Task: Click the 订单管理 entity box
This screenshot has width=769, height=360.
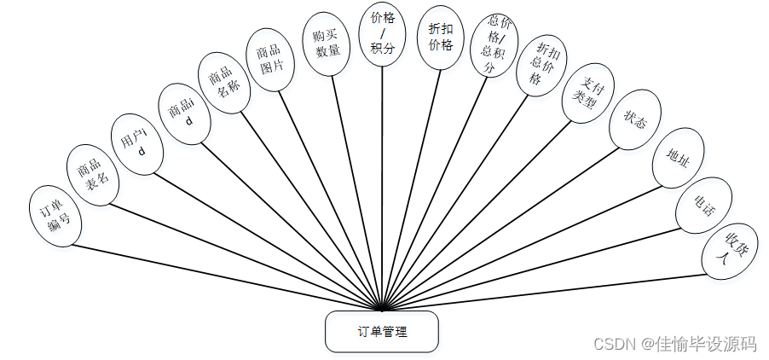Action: click(381, 331)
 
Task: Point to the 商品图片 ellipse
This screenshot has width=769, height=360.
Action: click(270, 58)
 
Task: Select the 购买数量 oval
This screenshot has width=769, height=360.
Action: click(327, 44)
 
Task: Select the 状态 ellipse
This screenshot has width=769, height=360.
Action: click(635, 121)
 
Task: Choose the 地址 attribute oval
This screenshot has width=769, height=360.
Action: click(677, 159)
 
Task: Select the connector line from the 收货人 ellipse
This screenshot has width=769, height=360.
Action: click(546, 291)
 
